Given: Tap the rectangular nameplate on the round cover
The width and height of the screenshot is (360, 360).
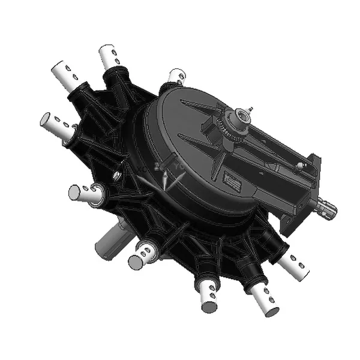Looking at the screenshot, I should click(232, 179).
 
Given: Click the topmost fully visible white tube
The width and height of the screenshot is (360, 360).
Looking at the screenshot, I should click(110, 58).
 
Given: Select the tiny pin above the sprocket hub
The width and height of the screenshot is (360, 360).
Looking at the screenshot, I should click(252, 109).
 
